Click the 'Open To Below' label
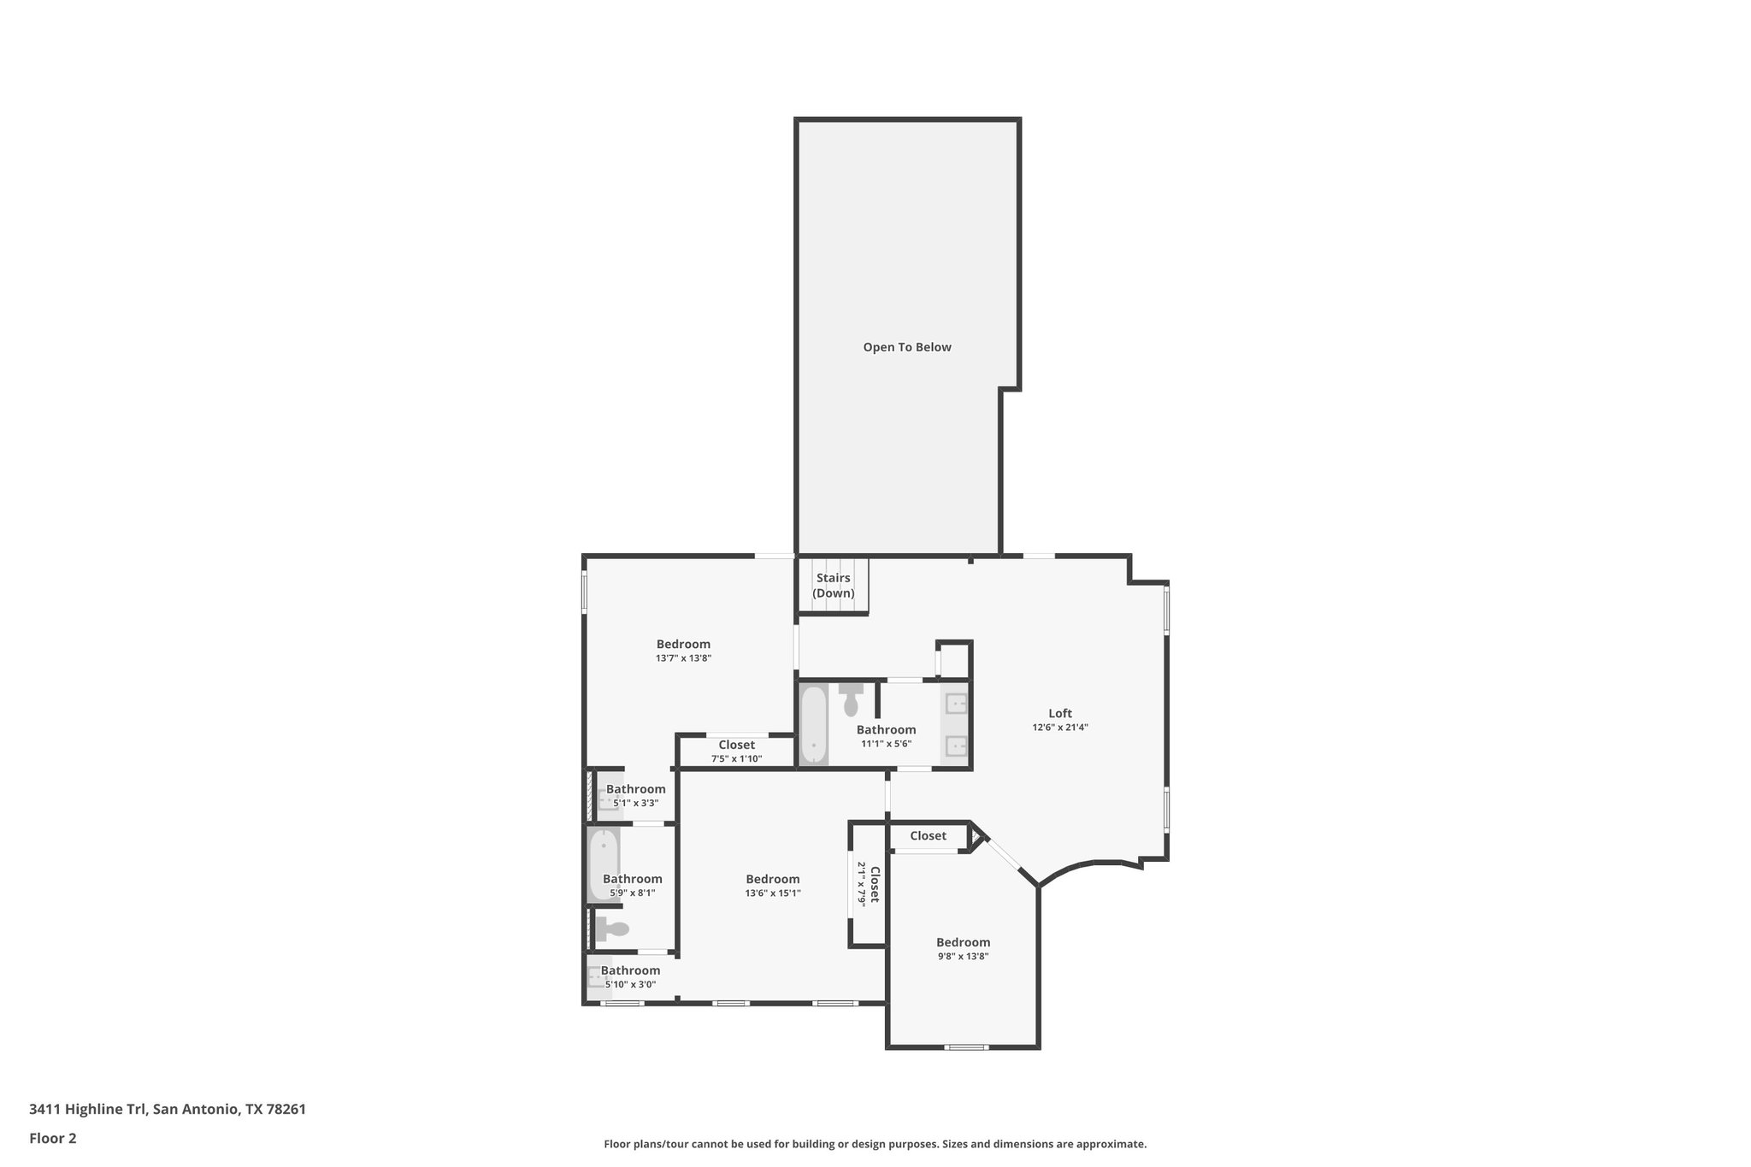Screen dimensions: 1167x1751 [906, 347]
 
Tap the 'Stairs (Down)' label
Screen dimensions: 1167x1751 [833, 586]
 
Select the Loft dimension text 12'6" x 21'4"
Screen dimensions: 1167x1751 [1060, 728]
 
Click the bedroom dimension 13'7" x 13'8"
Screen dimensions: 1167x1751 [683, 658]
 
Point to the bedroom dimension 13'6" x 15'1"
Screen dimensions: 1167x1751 [772, 893]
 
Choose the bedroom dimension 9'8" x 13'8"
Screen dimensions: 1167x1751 [963, 957]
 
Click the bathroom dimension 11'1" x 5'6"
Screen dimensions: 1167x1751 [886, 744]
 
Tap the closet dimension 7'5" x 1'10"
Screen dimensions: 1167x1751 [736, 759]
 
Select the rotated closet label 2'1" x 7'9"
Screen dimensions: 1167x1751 [863, 884]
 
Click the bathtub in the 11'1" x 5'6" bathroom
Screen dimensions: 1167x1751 [813, 723]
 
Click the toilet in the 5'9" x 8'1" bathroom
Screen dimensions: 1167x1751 [612, 928]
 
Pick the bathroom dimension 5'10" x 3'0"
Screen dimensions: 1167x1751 [631, 984]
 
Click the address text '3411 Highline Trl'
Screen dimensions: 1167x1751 [88, 1109]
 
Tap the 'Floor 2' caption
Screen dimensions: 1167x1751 [53, 1138]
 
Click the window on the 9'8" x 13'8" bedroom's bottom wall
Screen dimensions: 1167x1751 [966, 1046]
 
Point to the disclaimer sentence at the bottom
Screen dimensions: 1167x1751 [875, 1144]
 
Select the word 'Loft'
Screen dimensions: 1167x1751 [1060, 713]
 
